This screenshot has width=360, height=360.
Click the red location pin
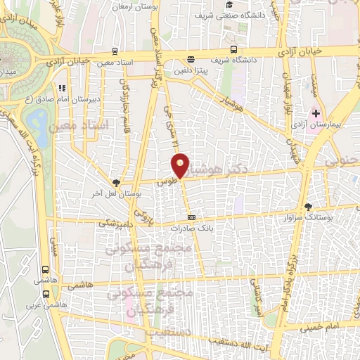[x=181, y=165]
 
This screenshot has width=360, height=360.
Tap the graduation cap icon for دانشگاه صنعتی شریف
[x=229, y=5]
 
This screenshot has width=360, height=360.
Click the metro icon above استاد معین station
[x=115, y=51]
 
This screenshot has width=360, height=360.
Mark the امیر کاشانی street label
[x=257, y=293]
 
